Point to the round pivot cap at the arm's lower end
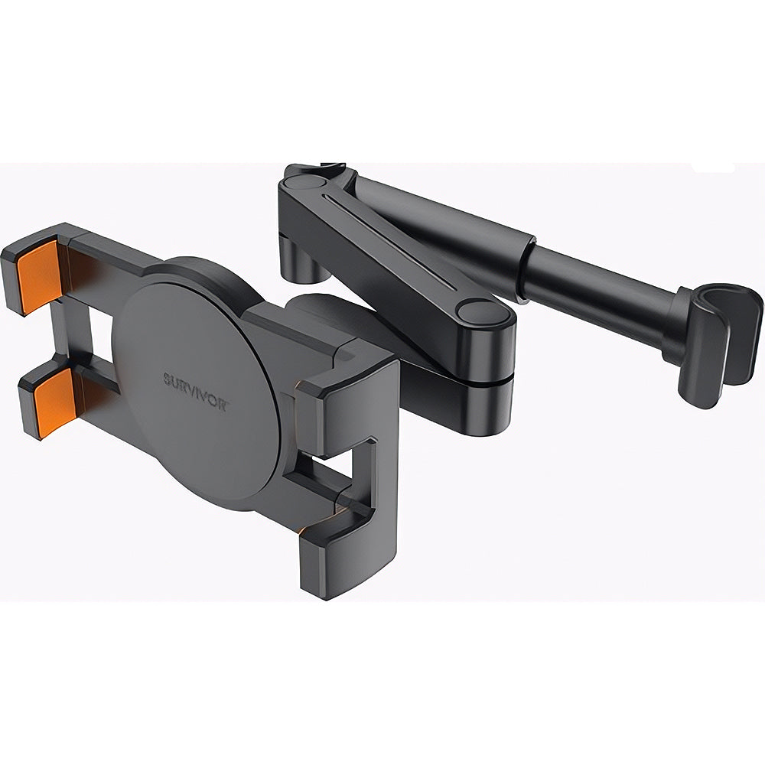(x=481, y=311)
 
